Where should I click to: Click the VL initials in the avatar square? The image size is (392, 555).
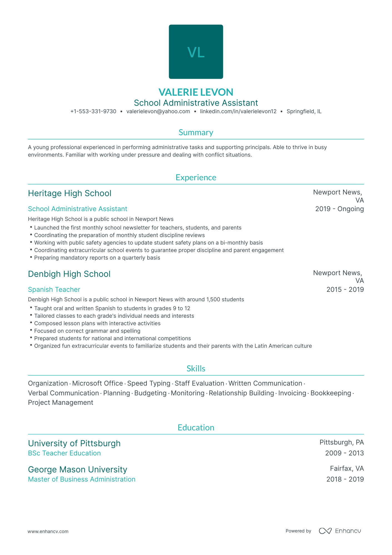click(x=196, y=52)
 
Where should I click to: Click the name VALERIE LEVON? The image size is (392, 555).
click(x=196, y=92)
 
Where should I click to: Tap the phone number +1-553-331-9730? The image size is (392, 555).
click(x=93, y=112)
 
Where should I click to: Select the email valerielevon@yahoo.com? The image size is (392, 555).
click(x=158, y=112)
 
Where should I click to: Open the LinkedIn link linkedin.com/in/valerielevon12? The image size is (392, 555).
click(x=238, y=112)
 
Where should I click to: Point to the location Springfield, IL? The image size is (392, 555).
click(x=304, y=112)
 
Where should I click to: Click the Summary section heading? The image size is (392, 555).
click(x=196, y=132)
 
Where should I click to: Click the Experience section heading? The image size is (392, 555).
click(x=196, y=177)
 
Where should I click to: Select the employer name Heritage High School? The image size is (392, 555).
click(x=70, y=193)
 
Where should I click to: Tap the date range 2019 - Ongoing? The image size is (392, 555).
click(x=339, y=209)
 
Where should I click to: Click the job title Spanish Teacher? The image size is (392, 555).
click(x=54, y=290)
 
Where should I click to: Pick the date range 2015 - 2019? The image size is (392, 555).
click(x=345, y=290)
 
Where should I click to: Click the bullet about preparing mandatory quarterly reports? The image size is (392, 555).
click(x=97, y=258)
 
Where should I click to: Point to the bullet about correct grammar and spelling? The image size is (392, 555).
click(x=87, y=331)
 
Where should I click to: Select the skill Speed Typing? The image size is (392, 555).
click(x=149, y=383)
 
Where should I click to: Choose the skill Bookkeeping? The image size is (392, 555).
click(x=331, y=393)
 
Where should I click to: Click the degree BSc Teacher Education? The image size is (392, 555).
click(x=64, y=453)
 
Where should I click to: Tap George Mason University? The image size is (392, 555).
click(x=77, y=470)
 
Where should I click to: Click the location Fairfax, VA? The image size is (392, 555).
click(x=347, y=468)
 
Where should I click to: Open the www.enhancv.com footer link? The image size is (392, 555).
click(x=48, y=531)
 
